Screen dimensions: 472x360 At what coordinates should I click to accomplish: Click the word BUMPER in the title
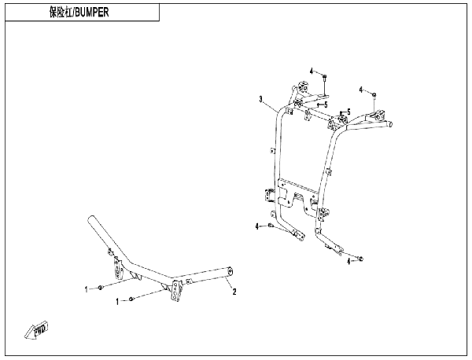(x=91, y=13)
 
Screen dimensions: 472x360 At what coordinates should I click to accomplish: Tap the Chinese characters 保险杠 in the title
(x=61, y=13)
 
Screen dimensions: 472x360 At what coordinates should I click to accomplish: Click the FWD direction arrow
(x=37, y=329)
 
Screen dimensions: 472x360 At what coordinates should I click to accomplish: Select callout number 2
(x=234, y=292)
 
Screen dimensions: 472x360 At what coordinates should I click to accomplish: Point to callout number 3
(x=261, y=99)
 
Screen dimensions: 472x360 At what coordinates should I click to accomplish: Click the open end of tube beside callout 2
(x=230, y=273)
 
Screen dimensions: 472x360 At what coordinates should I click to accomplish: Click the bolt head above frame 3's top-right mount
(x=374, y=95)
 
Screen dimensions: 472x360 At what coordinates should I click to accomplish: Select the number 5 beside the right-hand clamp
(x=348, y=112)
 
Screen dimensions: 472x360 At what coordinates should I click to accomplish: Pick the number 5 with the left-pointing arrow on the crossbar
(x=326, y=105)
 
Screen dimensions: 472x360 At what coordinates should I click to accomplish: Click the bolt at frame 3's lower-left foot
(x=270, y=226)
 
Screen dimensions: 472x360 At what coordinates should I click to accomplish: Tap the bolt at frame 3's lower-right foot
(x=360, y=259)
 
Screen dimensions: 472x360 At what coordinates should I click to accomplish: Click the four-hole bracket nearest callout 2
(x=175, y=290)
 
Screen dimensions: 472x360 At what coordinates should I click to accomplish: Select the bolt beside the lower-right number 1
(x=131, y=299)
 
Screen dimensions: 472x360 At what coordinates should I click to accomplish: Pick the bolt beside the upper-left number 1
(x=100, y=288)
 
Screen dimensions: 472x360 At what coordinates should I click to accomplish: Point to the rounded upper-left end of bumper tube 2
(x=91, y=220)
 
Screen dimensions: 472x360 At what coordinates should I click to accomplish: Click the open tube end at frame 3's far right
(x=391, y=123)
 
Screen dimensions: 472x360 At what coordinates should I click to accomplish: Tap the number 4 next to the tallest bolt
(x=312, y=72)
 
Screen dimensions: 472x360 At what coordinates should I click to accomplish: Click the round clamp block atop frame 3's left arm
(x=303, y=87)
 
